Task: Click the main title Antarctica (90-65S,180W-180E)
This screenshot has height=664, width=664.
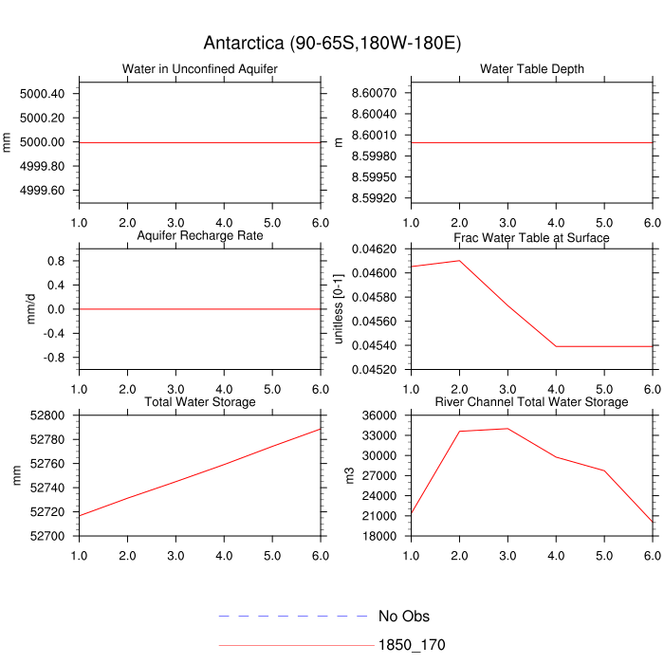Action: click(332, 44)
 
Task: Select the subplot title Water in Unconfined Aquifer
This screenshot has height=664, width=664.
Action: click(199, 69)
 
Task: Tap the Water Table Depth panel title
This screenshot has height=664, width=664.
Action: click(531, 69)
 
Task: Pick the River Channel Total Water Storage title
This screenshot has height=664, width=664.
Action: click(531, 402)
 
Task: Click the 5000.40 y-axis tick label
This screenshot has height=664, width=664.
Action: click(42, 94)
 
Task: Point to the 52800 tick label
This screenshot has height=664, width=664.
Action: click(47, 415)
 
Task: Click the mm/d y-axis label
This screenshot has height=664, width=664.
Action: click(31, 308)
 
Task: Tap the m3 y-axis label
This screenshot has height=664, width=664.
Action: click(351, 474)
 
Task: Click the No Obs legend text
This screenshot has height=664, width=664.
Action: click(403, 617)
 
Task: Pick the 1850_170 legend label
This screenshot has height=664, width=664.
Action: click(412, 645)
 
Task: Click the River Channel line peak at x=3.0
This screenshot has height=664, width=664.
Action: click(507, 429)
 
